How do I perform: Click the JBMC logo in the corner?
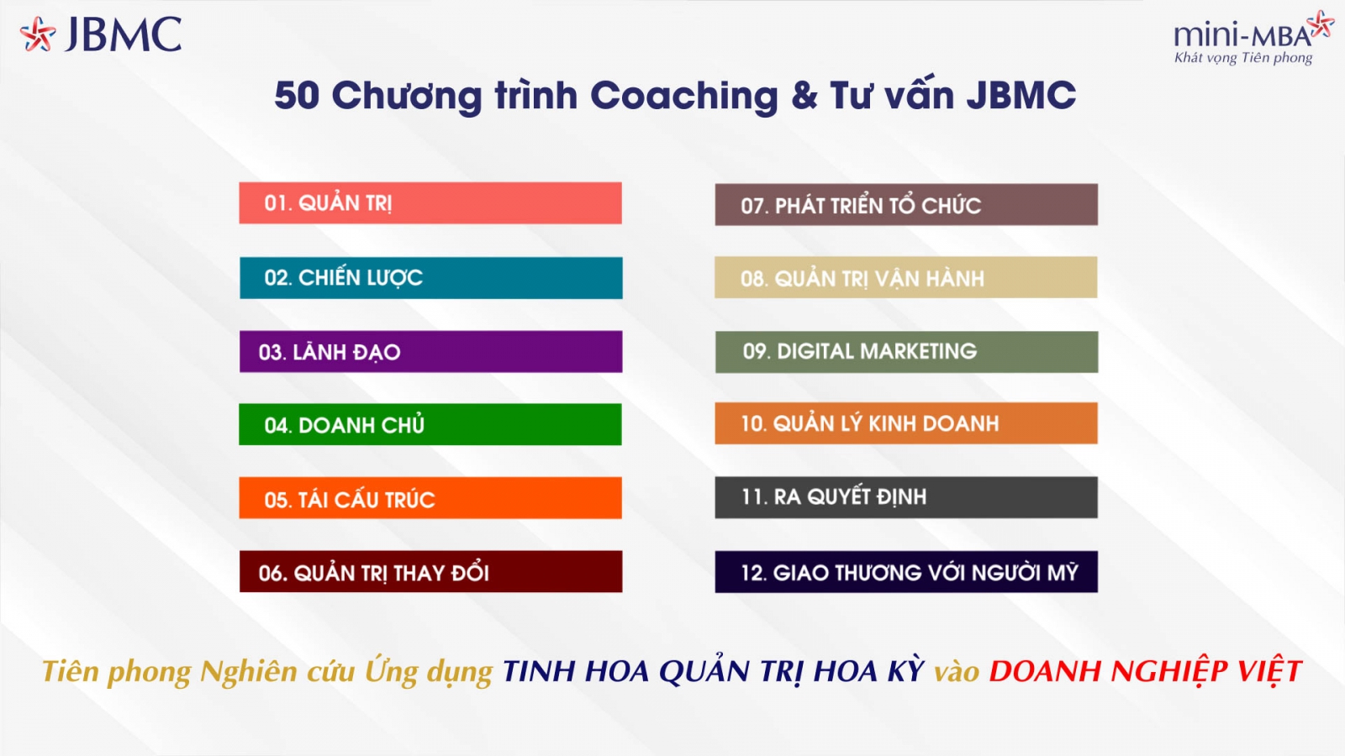click(101, 34)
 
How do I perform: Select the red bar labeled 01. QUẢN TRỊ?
click(430, 202)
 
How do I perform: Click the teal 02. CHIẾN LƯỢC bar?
click(431, 278)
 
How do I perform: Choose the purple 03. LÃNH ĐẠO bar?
click(431, 352)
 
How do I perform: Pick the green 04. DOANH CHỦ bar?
click(430, 424)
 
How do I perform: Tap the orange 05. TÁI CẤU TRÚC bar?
click(430, 498)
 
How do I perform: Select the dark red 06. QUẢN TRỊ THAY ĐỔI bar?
click(431, 572)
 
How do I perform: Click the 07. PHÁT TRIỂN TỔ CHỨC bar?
click(906, 205)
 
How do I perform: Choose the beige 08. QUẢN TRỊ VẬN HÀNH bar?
click(906, 277)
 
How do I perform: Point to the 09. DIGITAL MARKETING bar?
click(907, 352)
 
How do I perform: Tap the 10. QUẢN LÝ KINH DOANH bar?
click(906, 423)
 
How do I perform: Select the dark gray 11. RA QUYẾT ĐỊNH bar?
click(906, 497)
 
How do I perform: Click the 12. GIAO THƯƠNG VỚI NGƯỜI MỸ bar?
click(906, 572)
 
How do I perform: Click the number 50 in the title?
click(297, 95)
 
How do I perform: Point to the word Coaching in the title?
click(684, 96)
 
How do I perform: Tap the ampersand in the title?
click(804, 96)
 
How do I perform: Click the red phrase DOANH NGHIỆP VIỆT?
click(1145, 671)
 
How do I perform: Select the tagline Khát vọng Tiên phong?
click(1243, 58)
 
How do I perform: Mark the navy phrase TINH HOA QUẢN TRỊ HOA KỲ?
click(713, 671)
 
